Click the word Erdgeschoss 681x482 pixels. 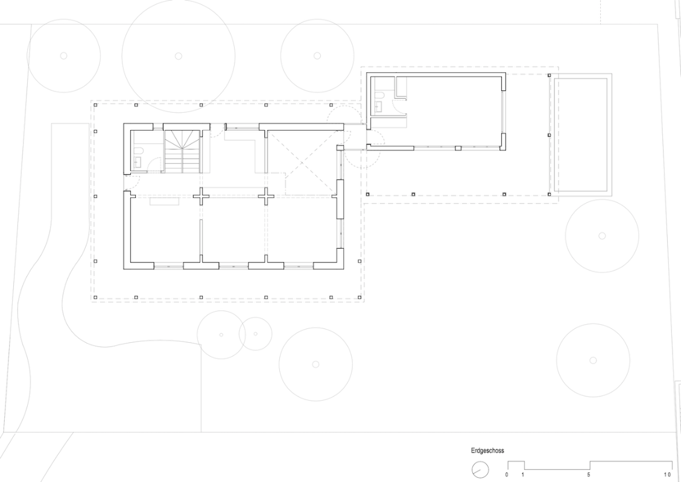(x=487, y=451)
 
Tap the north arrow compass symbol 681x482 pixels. (x=480, y=470)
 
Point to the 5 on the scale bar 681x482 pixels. (x=589, y=475)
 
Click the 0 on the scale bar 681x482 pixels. (x=507, y=475)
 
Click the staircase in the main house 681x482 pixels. (x=182, y=151)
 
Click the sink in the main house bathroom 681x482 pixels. (x=138, y=162)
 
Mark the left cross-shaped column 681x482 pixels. (x=201, y=196)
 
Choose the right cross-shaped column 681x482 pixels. (x=266, y=196)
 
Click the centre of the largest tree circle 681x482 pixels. (x=178, y=56)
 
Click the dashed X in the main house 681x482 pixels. (x=302, y=163)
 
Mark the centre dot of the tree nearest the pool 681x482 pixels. (x=602, y=236)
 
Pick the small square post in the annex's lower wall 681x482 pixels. (x=458, y=148)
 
